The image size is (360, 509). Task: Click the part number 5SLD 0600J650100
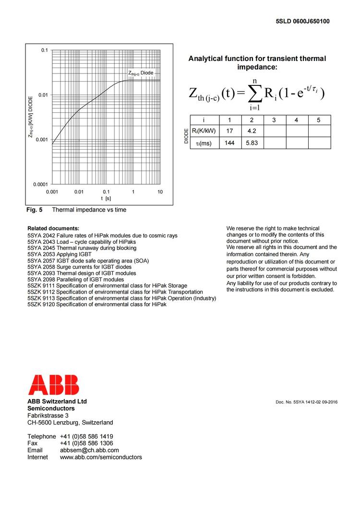(x=302, y=22)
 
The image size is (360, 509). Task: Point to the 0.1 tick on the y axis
(x=44, y=50)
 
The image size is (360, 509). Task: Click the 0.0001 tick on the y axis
(x=41, y=184)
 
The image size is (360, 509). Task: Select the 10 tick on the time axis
(x=160, y=192)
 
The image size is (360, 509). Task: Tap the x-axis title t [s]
(x=106, y=199)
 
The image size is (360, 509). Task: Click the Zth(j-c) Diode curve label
(x=141, y=73)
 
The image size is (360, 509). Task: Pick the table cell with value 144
(x=229, y=143)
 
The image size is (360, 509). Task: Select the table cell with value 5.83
(x=252, y=143)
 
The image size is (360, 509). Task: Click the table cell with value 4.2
(x=252, y=130)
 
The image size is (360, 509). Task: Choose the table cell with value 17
(x=229, y=130)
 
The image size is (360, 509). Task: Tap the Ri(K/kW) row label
(x=204, y=130)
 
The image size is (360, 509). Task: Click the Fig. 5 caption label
(x=35, y=210)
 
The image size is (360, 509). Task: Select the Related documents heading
(x=53, y=228)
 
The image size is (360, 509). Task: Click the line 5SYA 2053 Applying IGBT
(x=60, y=254)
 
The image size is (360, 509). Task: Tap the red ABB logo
(x=53, y=385)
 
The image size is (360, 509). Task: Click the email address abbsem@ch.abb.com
(x=89, y=450)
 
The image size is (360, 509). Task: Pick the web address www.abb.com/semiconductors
(x=101, y=457)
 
